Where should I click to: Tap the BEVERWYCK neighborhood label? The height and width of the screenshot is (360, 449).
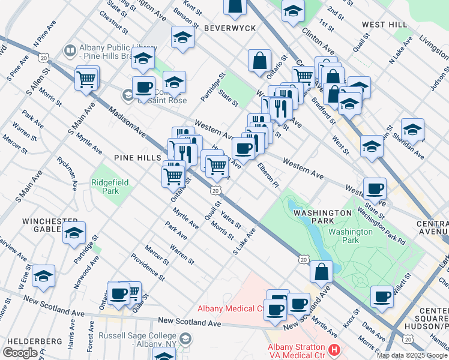pos(230,28)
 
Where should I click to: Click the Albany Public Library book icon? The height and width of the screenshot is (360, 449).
pos(70,51)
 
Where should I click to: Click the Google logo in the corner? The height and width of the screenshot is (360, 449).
pos(20,353)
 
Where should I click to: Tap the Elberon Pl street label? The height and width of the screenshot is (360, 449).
pos(268,172)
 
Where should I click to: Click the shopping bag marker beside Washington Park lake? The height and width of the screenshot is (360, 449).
pos(322,271)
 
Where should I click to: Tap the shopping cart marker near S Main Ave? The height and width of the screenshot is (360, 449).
pos(87,78)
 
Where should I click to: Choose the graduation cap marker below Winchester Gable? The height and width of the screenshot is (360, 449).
pos(74,233)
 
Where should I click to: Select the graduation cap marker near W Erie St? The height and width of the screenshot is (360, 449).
pos(44,276)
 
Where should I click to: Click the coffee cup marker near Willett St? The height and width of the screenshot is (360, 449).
pos(382,295)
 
